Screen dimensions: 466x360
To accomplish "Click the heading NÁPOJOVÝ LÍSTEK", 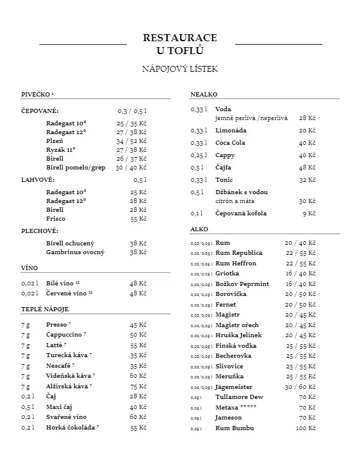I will [180, 69].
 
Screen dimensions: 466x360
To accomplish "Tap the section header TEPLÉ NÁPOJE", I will [45, 309].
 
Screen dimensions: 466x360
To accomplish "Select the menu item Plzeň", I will [55, 141].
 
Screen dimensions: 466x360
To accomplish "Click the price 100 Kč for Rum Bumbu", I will [305, 428].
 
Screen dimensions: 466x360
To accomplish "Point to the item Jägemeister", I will [234, 387].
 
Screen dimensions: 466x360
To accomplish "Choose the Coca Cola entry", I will [231, 143].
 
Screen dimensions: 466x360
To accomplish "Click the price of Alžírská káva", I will [138, 387].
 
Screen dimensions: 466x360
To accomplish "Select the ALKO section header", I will [199, 228].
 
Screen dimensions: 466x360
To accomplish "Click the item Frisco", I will [56, 218].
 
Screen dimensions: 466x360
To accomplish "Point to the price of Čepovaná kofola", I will [309, 214].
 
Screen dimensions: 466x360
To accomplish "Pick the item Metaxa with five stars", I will [234, 407].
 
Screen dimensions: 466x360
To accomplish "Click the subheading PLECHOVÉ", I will [39, 231].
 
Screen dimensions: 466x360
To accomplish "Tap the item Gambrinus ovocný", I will [75, 252].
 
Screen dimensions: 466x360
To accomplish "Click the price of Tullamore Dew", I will [307, 397].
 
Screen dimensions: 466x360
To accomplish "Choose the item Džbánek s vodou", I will [242, 192].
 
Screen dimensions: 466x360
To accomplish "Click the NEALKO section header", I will [204, 94].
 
